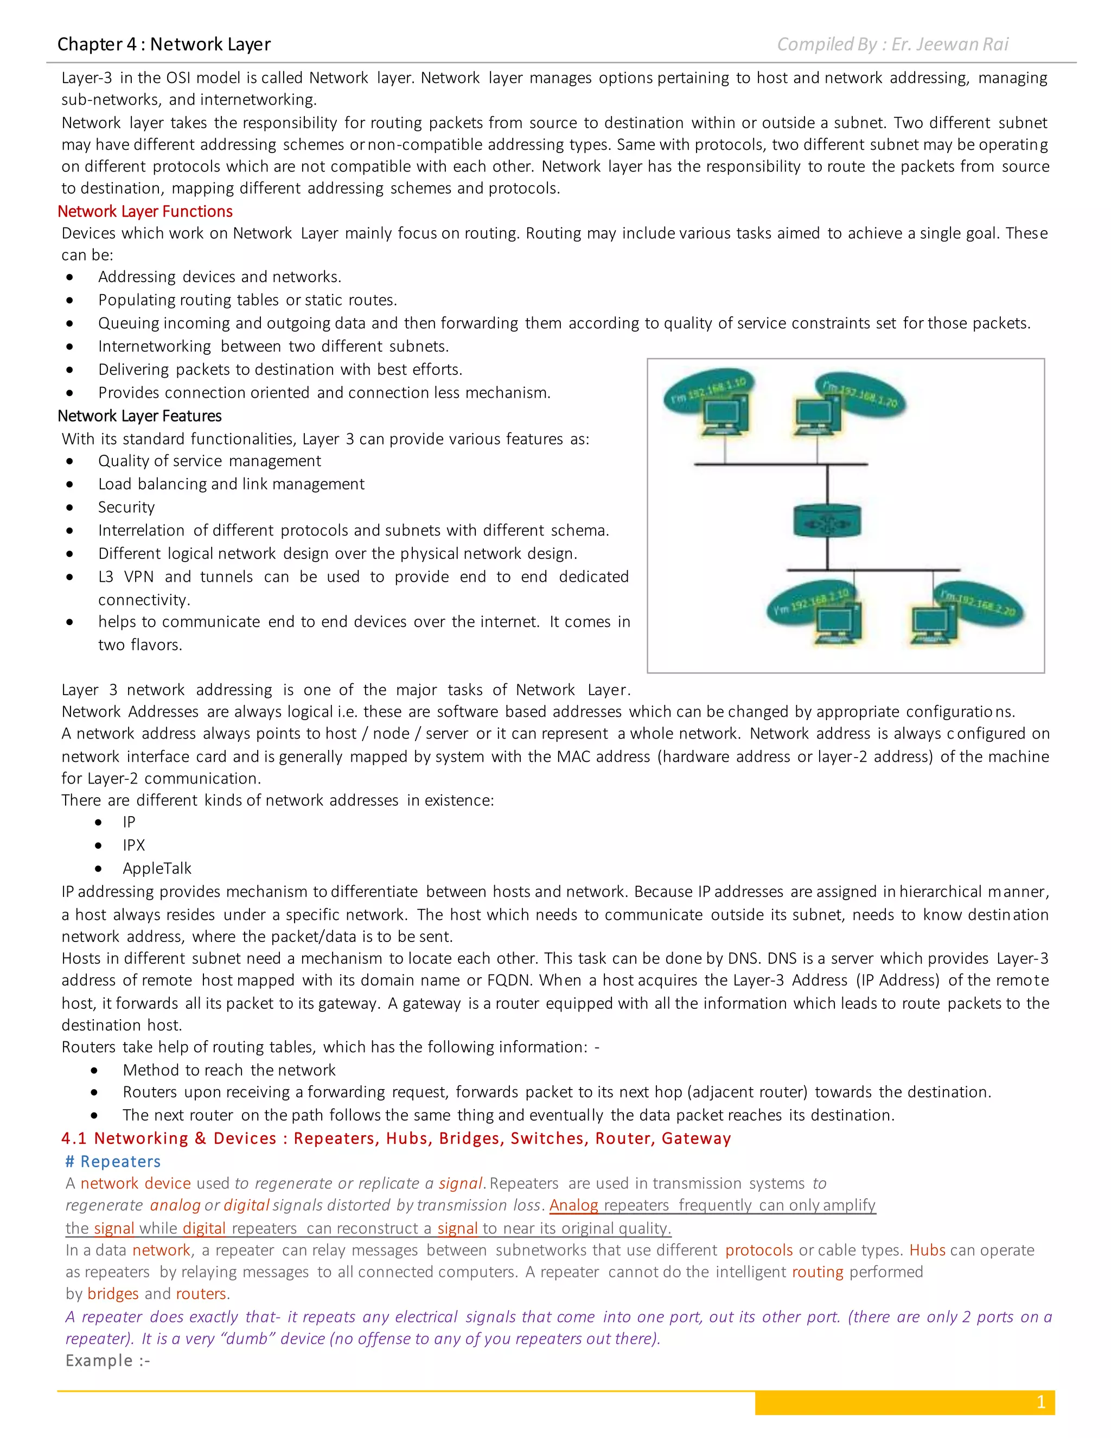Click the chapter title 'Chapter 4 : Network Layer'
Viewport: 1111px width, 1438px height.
click(164, 44)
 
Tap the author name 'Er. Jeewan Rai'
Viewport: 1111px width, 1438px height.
click(949, 44)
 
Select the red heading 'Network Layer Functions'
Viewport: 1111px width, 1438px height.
click(145, 211)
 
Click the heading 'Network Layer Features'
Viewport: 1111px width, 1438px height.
click(139, 416)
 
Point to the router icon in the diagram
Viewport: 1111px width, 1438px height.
click(827, 521)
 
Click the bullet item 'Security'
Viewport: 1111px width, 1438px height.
click(126, 507)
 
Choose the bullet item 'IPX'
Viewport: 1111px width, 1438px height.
click(133, 845)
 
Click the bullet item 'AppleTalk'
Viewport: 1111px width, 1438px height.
click(157, 868)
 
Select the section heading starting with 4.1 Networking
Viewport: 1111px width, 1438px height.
click(395, 1138)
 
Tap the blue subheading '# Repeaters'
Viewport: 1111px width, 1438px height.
click(113, 1161)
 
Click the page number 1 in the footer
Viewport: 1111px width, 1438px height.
click(1040, 1402)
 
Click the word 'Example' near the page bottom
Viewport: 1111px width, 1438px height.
click(99, 1360)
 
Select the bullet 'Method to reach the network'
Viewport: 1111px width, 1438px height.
click(229, 1070)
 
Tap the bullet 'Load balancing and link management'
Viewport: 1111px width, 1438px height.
click(231, 484)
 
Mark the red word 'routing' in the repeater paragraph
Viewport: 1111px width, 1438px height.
click(818, 1272)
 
